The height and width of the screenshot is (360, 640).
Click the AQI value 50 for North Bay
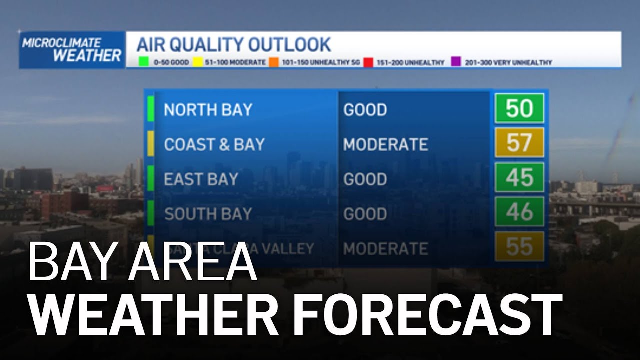(x=519, y=108)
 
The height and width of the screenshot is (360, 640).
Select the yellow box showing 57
(x=519, y=143)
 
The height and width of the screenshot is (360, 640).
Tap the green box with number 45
(x=519, y=177)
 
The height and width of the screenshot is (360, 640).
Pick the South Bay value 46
(x=519, y=212)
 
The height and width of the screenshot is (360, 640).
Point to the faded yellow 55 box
(x=519, y=246)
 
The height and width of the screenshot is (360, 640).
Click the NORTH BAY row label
(x=208, y=110)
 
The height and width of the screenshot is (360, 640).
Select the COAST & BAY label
(x=214, y=144)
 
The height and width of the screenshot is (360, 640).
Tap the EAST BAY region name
(x=201, y=179)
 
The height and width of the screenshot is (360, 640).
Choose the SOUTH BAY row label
(x=208, y=214)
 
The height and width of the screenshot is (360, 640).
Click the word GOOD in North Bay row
(x=365, y=110)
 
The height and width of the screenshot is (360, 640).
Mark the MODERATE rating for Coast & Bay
(x=385, y=144)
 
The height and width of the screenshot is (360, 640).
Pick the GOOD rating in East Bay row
(x=365, y=179)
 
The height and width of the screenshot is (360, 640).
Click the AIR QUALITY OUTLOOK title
(x=234, y=45)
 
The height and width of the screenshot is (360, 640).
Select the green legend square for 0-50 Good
(x=143, y=63)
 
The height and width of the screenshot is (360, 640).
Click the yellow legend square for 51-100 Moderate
(x=197, y=63)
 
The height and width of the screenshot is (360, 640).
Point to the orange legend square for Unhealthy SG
(x=274, y=63)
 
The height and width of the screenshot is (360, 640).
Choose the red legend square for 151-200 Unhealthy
(x=368, y=63)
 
